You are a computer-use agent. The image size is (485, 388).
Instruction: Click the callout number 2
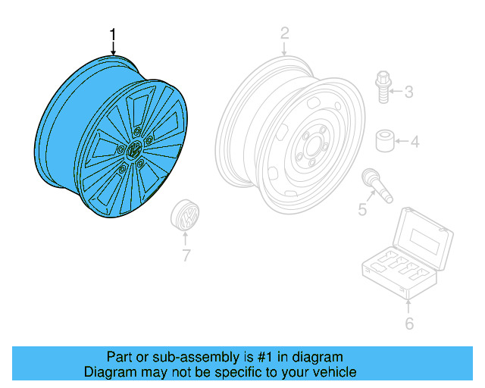[x=284, y=33]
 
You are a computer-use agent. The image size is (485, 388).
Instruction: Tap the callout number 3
[x=408, y=93]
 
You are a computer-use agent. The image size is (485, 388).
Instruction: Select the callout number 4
[x=415, y=141]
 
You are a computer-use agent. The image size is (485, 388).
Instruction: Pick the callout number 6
[x=409, y=324]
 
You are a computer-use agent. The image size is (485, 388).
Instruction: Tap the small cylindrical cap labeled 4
[x=385, y=141]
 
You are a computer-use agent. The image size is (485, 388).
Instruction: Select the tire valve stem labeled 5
[x=377, y=185]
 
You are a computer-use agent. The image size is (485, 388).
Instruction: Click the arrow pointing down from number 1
[x=114, y=48]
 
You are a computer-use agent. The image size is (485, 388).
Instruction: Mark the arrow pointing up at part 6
[x=409, y=305]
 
